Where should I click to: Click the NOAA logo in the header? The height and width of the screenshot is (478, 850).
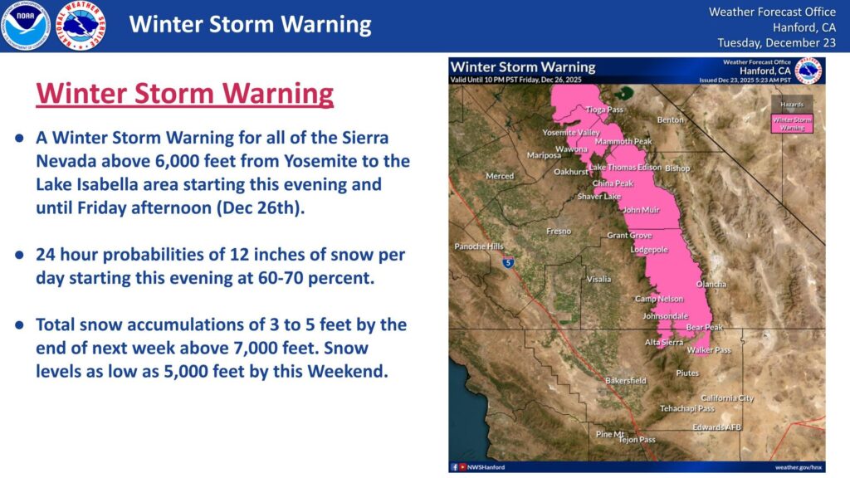tap(26, 26)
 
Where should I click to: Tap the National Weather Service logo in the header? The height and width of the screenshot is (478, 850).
tap(80, 26)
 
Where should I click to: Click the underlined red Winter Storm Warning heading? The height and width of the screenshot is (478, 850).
tap(184, 94)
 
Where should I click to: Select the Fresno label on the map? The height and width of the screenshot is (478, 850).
tap(558, 232)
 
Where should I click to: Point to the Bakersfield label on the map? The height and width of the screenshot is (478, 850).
tap(625, 381)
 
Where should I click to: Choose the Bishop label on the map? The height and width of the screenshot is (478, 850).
tap(677, 168)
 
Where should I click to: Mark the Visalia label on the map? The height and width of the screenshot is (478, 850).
tap(598, 279)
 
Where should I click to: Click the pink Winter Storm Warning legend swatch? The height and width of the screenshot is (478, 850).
tap(792, 123)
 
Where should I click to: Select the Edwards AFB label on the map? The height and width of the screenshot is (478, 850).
tap(716, 427)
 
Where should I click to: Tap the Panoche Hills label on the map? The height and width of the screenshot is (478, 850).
tap(479, 246)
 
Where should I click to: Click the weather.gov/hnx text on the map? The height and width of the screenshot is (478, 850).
tap(799, 467)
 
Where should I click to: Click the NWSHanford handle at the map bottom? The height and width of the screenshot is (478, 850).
tap(486, 467)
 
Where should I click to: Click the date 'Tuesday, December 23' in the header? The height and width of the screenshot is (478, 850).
tap(771, 42)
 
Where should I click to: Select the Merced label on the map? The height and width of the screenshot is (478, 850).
tap(500, 176)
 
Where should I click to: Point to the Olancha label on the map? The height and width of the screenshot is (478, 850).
tap(711, 284)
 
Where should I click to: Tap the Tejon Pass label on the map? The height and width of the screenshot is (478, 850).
tap(637, 440)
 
